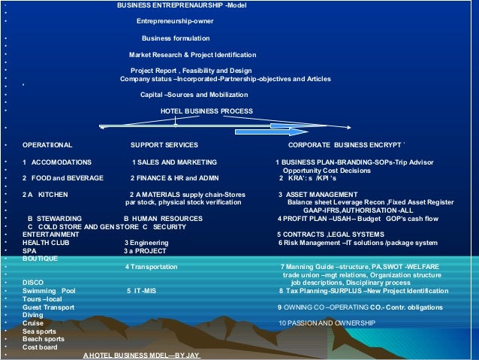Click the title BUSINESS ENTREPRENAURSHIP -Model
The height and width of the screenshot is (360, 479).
click(x=181, y=6)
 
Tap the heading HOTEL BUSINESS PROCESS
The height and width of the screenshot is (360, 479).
click(x=206, y=110)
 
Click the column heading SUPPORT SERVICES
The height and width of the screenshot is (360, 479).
click(x=164, y=144)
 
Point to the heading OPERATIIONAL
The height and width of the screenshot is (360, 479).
click(x=47, y=144)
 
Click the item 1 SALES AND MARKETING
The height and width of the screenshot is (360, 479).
click(x=174, y=162)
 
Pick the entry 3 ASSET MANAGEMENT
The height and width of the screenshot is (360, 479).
click(x=318, y=195)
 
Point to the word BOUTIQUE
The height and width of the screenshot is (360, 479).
click(x=40, y=259)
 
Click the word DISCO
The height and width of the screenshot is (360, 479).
click(x=32, y=283)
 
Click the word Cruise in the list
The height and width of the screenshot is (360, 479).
click(x=32, y=322)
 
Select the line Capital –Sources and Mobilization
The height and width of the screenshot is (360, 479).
click(x=194, y=95)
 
